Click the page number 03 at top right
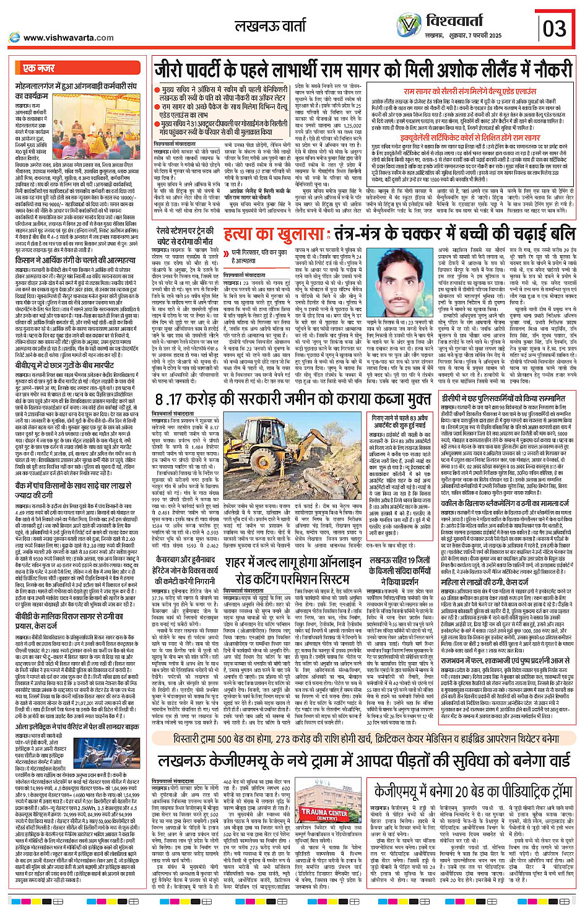554,28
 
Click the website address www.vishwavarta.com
68,38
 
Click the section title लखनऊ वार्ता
270,27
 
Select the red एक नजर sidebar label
39,68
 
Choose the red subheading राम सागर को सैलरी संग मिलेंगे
470,91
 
